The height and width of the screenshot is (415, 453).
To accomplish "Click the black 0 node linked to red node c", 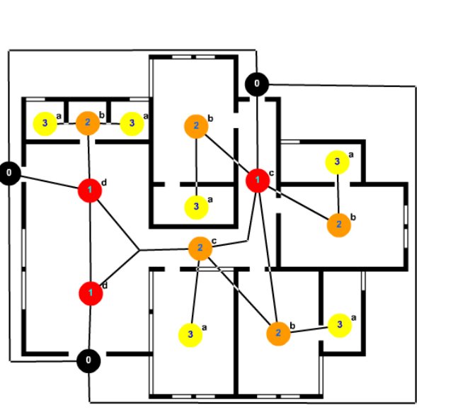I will pyautogui.click(x=256, y=85).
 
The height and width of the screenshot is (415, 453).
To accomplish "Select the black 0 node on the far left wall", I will pyautogui.click(x=9, y=172).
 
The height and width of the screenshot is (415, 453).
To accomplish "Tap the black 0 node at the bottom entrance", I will pyautogui.click(x=88, y=360).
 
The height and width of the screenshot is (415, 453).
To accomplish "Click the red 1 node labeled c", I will pyautogui.click(x=257, y=181).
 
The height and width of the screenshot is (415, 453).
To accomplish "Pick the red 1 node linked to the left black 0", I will pyautogui.click(x=90, y=190).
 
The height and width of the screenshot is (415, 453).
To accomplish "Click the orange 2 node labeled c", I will pyautogui.click(x=200, y=248).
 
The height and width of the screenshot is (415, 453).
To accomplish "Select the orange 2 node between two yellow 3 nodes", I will pyautogui.click(x=87, y=123).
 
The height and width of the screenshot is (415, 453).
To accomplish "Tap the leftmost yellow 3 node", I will pyautogui.click(x=45, y=123).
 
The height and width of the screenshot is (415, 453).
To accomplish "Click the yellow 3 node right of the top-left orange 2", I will pyautogui.click(x=131, y=123).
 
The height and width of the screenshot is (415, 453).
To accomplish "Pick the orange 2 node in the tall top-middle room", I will pyautogui.click(x=195, y=127).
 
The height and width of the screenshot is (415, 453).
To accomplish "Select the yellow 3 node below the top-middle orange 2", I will pyautogui.click(x=196, y=207).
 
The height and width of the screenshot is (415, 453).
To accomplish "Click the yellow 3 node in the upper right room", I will pyautogui.click(x=337, y=162).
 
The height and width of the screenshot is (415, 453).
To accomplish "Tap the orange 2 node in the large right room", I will pyautogui.click(x=339, y=224).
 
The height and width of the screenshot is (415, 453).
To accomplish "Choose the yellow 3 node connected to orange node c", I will pyautogui.click(x=190, y=334).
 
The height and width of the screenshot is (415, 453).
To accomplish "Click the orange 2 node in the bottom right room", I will pyautogui.click(x=278, y=332).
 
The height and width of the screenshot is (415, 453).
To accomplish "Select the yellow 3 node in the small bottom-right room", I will pyautogui.click(x=340, y=325).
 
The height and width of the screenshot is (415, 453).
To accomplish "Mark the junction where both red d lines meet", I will pyautogui.click(x=139, y=251).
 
